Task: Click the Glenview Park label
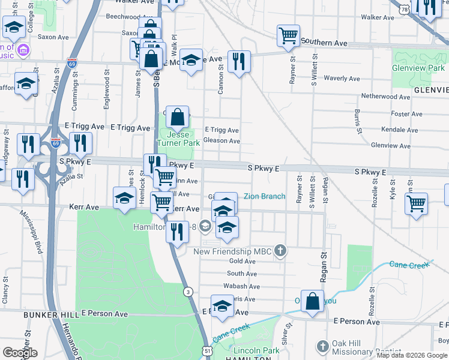click(x=418, y=68)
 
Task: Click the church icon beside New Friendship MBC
click(x=280, y=250)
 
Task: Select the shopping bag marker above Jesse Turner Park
click(x=178, y=117)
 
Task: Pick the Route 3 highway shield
click(x=188, y=292)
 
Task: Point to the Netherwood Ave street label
click(x=385, y=97)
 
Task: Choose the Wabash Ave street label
click(x=243, y=287)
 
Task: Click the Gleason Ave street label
click(x=221, y=141)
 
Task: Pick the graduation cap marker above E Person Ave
click(x=221, y=305)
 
